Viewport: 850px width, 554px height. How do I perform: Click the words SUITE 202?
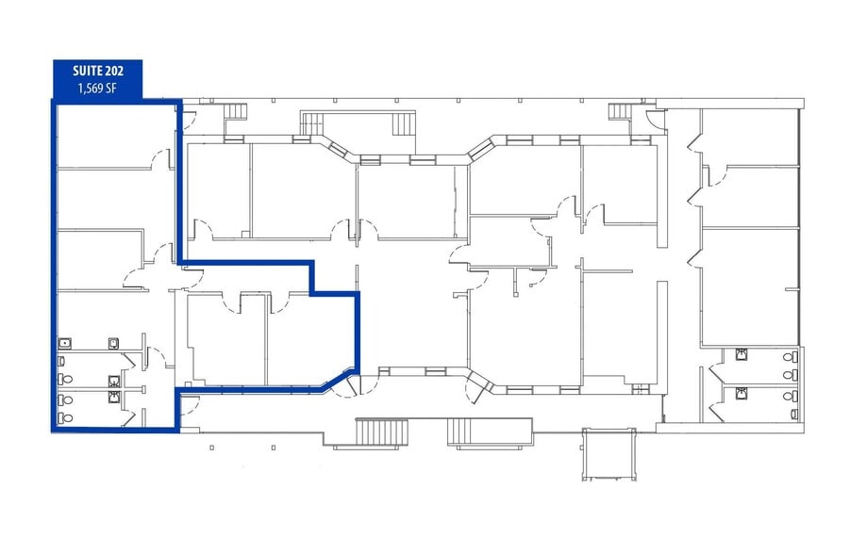(x=97, y=71)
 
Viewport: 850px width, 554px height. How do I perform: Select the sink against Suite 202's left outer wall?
(x=65, y=345)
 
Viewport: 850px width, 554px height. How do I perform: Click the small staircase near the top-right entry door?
(x=619, y=111)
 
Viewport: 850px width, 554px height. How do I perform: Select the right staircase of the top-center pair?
(x=403, y=123)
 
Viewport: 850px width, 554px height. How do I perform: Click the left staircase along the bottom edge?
(x=382, y=432)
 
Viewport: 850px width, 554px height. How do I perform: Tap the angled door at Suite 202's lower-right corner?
(x=353, y=383)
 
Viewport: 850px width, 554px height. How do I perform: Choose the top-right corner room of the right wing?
(x=750, y=138)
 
